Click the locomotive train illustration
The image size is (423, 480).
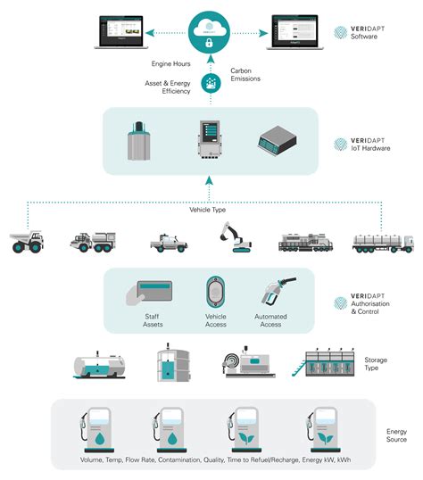click(x=306, y=242)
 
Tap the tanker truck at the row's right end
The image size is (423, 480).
click(x=383, y=242)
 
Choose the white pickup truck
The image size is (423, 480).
click(x=169, y=242)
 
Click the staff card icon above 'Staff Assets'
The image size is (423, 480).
click(x=154, y=294)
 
